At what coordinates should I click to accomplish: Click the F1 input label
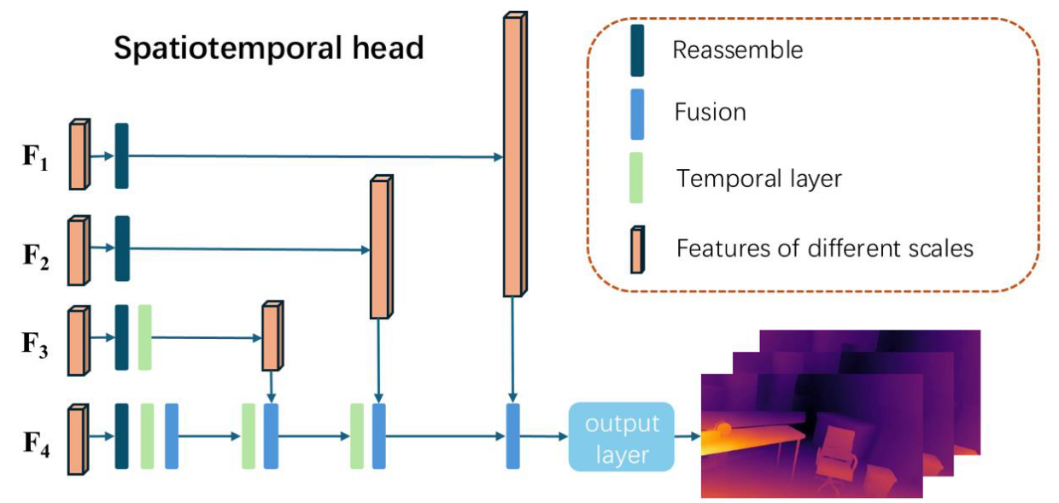pyautogui.click(x=36, y=157)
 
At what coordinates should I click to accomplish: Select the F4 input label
pyautogui.click(x=37, y=443)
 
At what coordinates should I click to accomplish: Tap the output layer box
pyautogui.click(x=621, y=437)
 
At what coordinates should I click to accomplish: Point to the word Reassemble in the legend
pyautogui.click(x=738, y=50)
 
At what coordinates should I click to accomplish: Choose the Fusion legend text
pyautogui.click(x=710, y=113)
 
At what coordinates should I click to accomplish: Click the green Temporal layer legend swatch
pyautogui.click(x=636, y=178)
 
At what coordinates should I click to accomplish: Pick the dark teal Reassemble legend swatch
pyautogui.click(x=637, y=50)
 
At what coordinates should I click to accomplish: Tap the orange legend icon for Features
pyautogui.click(x=637, y=249)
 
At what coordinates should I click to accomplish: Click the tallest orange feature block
pyautogui.click(x=514, y=155)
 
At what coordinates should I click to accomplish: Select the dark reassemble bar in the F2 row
pyautogui.click(x=122, y=249)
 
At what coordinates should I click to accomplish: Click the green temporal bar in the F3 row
pyautogui.click(x=144, y=337)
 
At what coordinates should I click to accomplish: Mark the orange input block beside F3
pyautogui.click(x=79, y=341)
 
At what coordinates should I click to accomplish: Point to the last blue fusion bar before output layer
pyautogui.click(x=513, y=436)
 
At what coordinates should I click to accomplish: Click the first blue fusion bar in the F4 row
pyautogui.click(x=172, y=436)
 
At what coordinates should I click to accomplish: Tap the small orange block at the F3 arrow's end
pyautogui.click(x=272, y=336)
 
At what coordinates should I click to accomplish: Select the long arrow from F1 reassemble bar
pyautogui.click(x=316, y=156)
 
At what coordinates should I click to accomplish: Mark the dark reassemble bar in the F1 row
pyautogui.click(x=121, y=156)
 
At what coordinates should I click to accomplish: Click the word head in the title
pyautogui.click(x=388, y=48)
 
